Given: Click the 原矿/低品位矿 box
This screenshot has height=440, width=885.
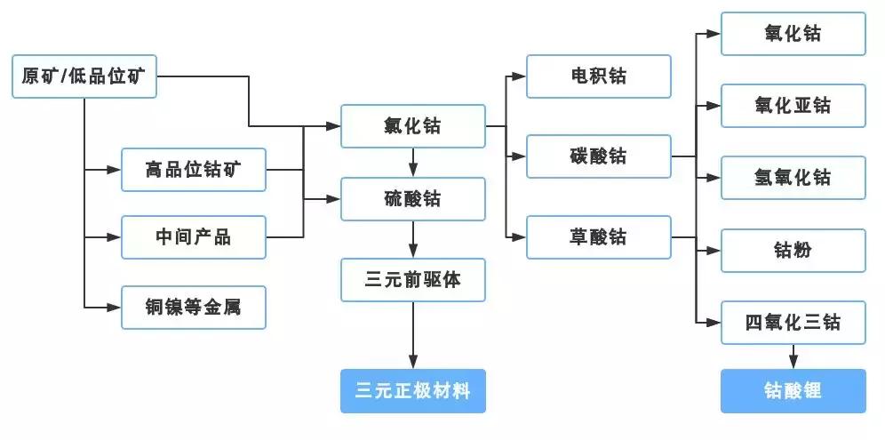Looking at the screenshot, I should click(84, 77).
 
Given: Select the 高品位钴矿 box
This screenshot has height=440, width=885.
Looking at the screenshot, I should click(193, 170).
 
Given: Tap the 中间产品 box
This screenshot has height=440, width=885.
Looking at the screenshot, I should click(193, 237).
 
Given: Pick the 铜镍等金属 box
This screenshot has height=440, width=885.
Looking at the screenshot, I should click(193, 307).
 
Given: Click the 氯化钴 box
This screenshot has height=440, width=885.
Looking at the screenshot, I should click(413, 126).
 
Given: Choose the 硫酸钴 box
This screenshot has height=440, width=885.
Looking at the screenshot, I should click(413, 199).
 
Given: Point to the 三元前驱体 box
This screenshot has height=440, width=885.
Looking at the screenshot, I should click(413, 280).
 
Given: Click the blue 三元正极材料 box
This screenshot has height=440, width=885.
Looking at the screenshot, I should click(413, 390).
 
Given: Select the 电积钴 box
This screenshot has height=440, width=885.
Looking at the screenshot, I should click(598, 76).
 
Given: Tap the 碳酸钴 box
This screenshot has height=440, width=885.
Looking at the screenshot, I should click(598, 156).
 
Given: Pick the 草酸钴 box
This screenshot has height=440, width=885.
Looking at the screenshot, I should click(598, 237).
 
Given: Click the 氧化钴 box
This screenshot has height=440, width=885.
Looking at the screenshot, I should click(793, 34).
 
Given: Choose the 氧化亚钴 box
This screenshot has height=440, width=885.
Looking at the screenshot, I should click(793, 106).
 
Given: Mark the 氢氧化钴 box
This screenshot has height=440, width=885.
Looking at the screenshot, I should click(793, 178).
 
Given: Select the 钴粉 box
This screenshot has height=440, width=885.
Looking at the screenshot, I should click(793, 251).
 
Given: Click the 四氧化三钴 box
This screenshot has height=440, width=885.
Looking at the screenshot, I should click(793, 322).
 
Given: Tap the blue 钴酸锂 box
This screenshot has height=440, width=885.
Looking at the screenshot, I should click(793, 390).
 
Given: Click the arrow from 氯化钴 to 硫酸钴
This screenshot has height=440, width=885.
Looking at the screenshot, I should click(413, 163).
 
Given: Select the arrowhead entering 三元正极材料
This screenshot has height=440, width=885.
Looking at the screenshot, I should click(413, 361).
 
